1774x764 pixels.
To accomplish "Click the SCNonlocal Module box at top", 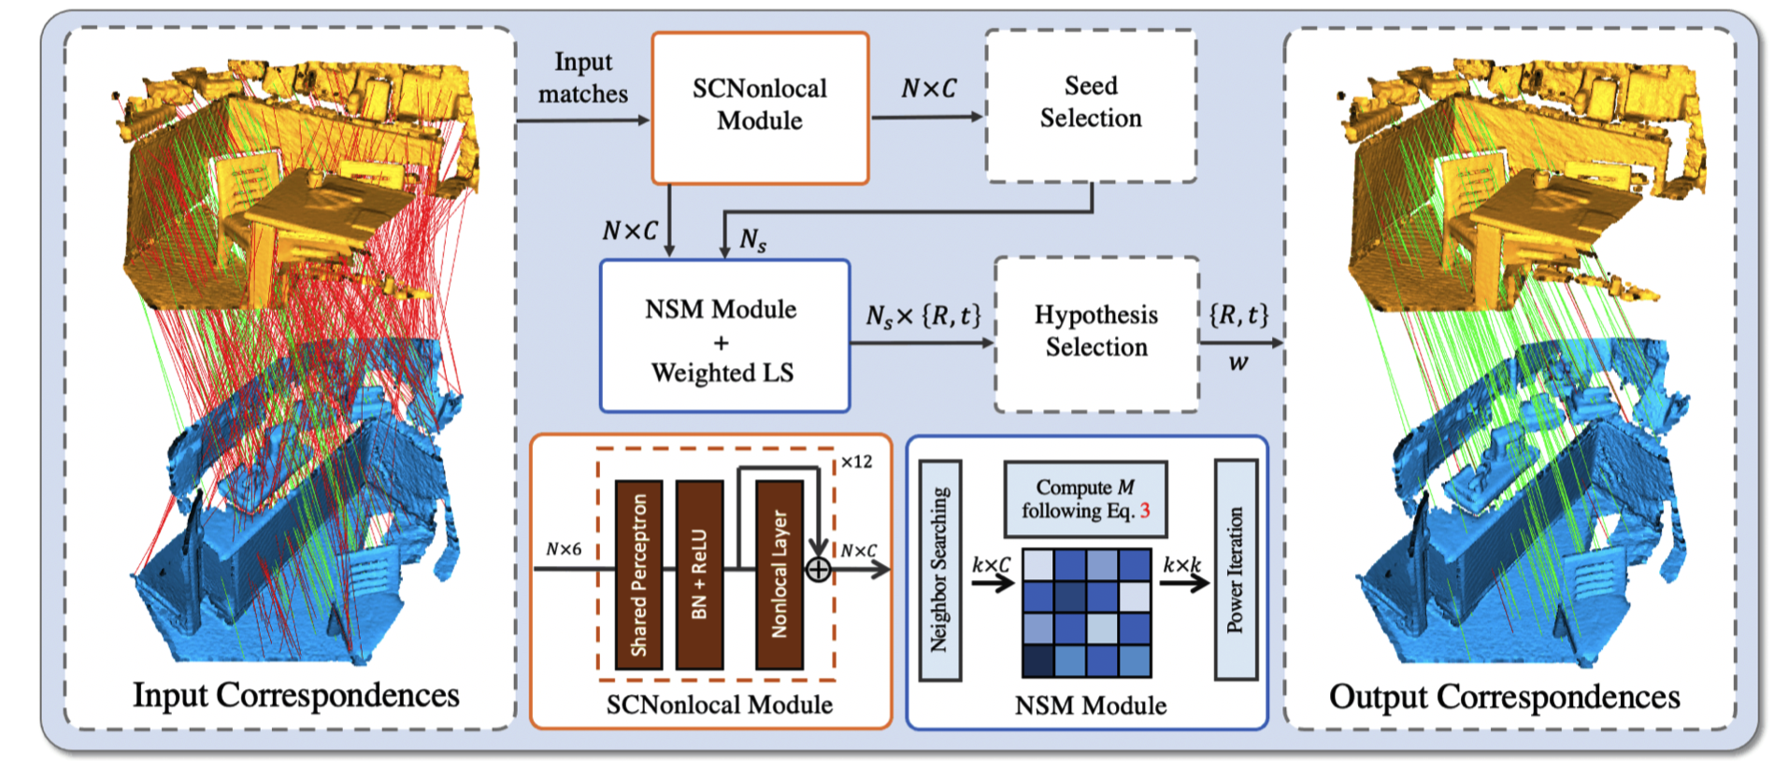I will (x=760, y=107).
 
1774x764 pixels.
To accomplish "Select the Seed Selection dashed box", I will (x=1091, y=105).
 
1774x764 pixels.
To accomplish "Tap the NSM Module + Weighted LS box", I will (x=724, y=336).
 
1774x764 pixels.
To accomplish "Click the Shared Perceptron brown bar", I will (x=639, y=574).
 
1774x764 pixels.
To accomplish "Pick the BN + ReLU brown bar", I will (x=699, y=574).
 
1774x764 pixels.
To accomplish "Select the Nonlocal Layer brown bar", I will (x=780, y=574).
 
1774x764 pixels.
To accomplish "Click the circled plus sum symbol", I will (x=818, y=569).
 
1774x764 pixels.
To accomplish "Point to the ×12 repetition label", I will (x=856, y=461).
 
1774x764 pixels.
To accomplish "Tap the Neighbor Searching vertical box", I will (x=939, y=570).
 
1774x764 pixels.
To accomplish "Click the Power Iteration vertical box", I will (x=1235, y=570).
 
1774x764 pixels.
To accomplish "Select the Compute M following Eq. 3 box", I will (x=1085, y=499).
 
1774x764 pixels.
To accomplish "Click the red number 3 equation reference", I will (x=1145, y=511).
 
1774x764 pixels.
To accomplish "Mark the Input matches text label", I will (x=582, y=78).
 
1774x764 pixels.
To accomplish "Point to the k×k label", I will (x=1181, y=565).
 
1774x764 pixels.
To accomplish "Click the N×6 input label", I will (x=564, y=549).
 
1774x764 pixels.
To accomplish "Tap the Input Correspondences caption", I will (x=295, y=695).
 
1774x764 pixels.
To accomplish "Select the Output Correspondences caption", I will (x=1504, y=697).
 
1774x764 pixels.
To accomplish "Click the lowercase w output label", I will (x=1238, y=363).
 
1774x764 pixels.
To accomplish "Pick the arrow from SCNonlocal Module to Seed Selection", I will (x=926, y=117).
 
